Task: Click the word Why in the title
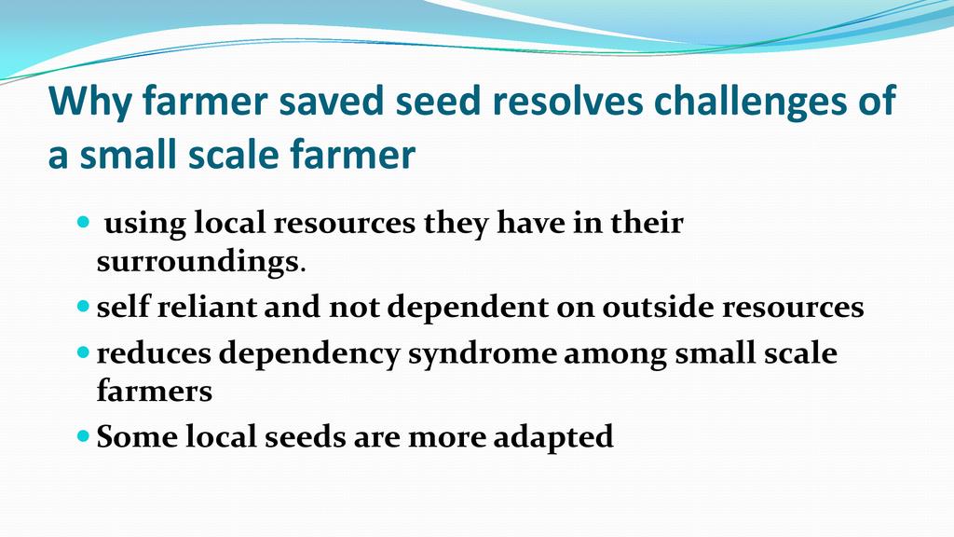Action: point(89,101)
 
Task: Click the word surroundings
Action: point(198,262)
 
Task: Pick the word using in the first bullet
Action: point(144,224)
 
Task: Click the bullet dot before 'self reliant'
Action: point(83,306)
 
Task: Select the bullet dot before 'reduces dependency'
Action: point(83,352)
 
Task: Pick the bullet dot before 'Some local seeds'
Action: point(83,436)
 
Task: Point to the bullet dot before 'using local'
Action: point(83,222)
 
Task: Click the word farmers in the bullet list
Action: point(155,391)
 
